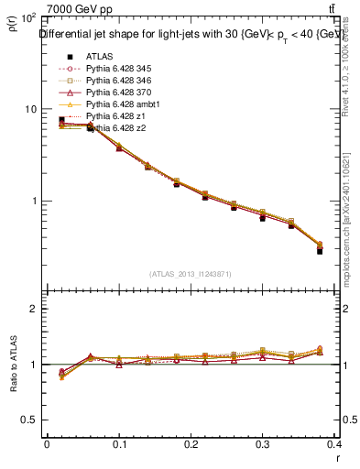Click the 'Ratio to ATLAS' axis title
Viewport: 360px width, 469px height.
[x=13, y=365]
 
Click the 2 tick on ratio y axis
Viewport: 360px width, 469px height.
[x=35, y=309]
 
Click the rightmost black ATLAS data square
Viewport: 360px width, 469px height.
[x=320, y=250]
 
